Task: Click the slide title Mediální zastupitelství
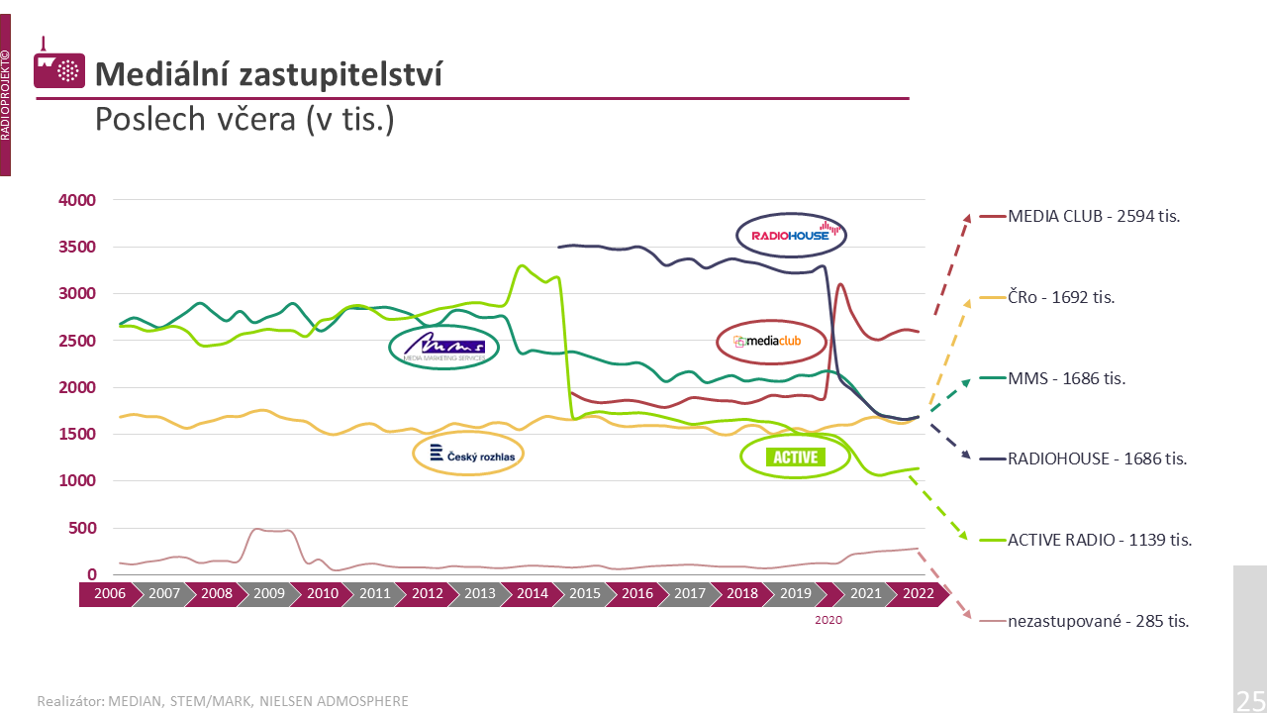point(268,73)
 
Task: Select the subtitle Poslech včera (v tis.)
point(244,119)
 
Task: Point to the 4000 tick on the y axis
point(77,200)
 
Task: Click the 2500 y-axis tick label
point(77,341)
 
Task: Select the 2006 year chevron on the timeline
point(109,594)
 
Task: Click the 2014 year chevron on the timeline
point(533,594)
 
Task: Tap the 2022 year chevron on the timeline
point(918,594)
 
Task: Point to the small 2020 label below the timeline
point(828,620)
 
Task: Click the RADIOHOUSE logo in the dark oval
point(791,235)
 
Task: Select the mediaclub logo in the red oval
point(771,342)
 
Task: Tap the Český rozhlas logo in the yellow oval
point(467,455)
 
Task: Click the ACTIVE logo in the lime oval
point(796,457)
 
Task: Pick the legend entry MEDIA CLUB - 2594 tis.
point(1094,216)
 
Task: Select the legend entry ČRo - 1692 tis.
point(1061,297)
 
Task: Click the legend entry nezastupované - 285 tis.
point(1098,621)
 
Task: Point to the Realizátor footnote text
point(223,701)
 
